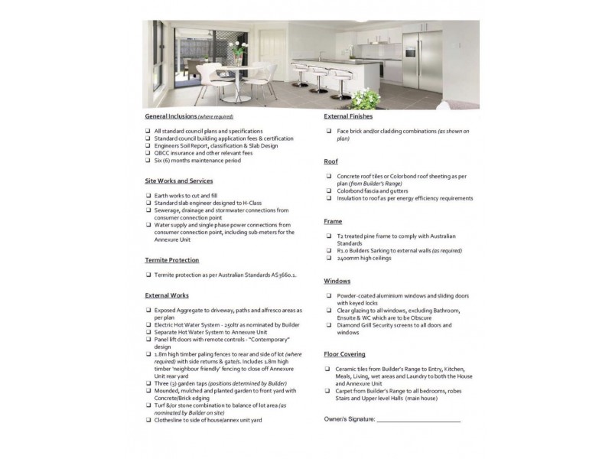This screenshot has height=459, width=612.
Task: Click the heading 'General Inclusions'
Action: point(168,117)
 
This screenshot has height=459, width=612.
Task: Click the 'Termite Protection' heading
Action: point(172,260)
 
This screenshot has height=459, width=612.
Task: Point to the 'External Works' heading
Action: point(167,295)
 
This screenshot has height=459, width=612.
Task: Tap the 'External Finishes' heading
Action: point(348,116)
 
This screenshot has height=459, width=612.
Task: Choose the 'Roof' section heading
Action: point(331,162)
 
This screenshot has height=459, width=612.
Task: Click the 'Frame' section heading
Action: point(334,221)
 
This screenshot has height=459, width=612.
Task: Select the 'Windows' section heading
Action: point(337,281)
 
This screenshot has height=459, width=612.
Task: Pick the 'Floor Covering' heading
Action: point(344,354)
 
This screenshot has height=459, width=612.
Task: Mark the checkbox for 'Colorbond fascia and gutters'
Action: point(328,191)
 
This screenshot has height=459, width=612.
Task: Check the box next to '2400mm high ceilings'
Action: point(328,258)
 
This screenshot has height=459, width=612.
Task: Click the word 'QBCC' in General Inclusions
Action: point(161,153)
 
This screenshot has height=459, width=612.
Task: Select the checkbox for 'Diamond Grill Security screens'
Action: point(328,325)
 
